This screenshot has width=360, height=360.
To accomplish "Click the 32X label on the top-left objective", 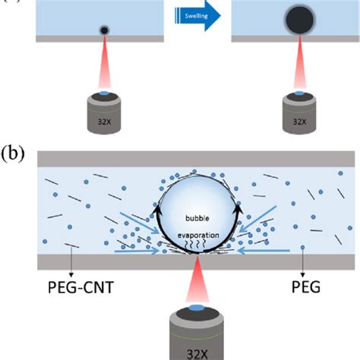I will pyautogui.click(x=104, y=119).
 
